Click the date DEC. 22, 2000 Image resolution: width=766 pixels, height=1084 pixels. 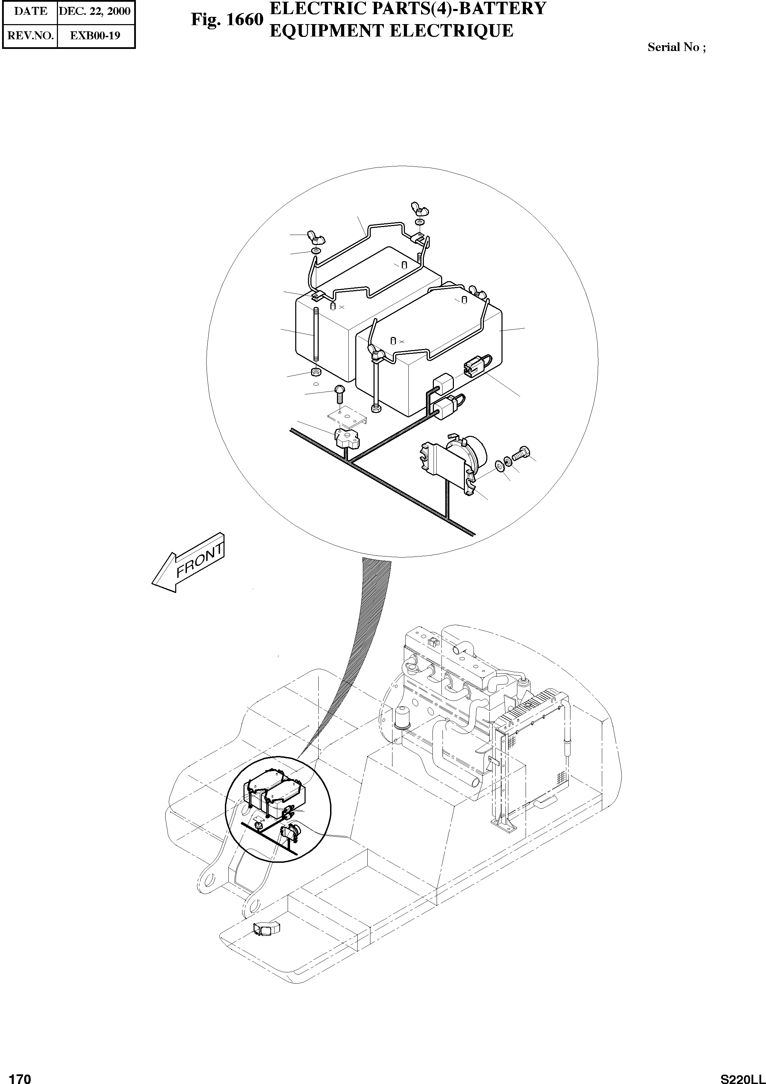[x=94, y=11]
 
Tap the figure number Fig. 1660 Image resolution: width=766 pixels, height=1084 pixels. [x=226, y=20]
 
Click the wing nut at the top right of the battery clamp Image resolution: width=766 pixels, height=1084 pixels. [x=418, y=207]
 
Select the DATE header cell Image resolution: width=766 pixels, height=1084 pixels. [x=30, y=11]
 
